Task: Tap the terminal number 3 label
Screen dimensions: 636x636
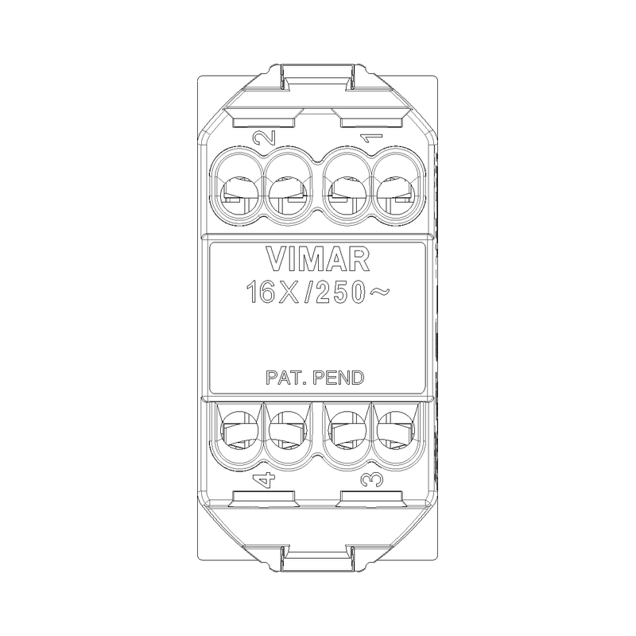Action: click(370, 479)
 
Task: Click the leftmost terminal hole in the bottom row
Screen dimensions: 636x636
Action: click(238, 433)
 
